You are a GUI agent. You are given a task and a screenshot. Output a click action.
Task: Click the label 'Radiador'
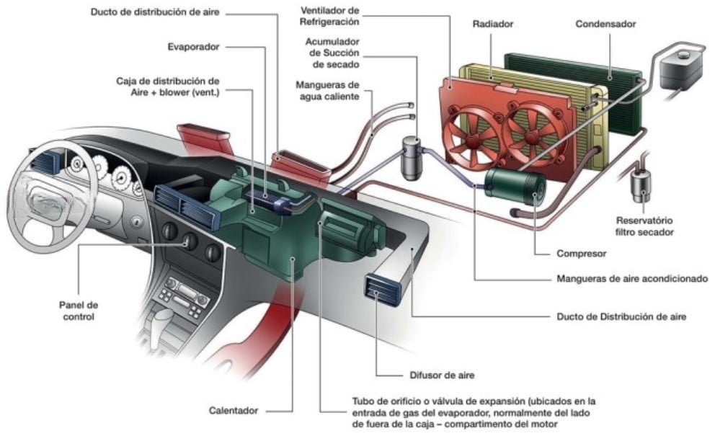(x=492, y=24)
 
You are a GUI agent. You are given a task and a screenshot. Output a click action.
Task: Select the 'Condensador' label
(x=605, y=24)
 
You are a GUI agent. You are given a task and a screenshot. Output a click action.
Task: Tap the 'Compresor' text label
(x=581, y=254)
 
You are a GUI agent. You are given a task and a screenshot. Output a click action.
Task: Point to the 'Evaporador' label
(x=192, y=47)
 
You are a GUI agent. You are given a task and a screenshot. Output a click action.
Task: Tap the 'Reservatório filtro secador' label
(x=644, y=226)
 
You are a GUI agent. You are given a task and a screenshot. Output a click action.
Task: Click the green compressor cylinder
(x=512, y=184)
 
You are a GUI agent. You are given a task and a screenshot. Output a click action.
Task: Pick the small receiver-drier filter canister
(x=640, y=184)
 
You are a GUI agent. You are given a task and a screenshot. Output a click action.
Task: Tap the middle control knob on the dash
(x=190, y=241)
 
